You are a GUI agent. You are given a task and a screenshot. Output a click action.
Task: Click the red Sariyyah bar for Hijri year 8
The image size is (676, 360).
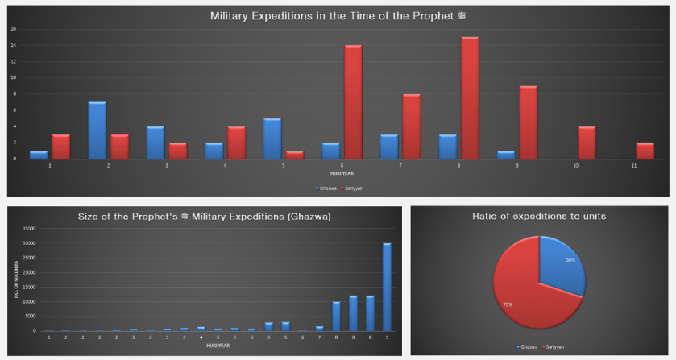471,97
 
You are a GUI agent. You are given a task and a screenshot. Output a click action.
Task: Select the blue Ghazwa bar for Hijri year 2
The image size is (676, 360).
97,130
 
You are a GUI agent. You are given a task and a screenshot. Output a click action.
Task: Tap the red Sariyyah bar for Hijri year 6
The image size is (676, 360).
353,101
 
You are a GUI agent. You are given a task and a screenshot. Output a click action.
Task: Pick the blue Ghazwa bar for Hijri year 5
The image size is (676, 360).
272,139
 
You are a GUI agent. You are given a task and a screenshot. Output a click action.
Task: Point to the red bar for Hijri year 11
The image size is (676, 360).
645,151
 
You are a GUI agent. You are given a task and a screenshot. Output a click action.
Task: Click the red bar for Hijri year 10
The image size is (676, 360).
587,143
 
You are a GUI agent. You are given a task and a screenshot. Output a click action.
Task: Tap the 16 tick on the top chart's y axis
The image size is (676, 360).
14,29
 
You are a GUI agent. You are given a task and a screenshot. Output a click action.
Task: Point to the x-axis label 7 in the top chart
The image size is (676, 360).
401,165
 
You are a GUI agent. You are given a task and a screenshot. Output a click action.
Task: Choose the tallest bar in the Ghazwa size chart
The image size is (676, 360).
387,287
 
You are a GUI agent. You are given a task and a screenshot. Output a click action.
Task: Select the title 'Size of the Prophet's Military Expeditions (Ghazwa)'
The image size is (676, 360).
204,217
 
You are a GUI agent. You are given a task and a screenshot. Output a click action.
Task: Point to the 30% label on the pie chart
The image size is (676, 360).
570,260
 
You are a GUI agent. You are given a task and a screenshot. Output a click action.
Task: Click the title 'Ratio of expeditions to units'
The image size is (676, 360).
540,217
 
